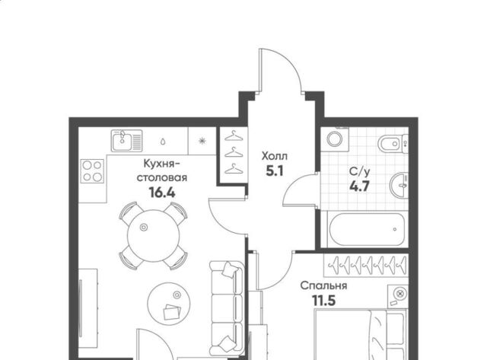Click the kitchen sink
pyautogui.click(x=127, y=141)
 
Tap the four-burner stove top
pyautogui.click(x=92, y=170)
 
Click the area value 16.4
pyautogui.click(x=162, y=193)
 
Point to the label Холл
pyautogui.click(x=275, y=156)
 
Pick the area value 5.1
pyautogui.click(x=275, y=170)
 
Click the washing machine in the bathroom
pyautogui.click(x=335, y=139)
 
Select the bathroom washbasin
pyautogui.click(x=399, y=185)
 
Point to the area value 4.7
pyautogui.click(x=359, y=186)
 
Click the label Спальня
pyautogui.click(x=323, y=285)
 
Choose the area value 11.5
pyautogui.click(x=323, y=301)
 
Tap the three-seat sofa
pyautogui.click(x=227, y=308)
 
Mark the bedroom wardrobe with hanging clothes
pyautogui.click(x=366, y=265)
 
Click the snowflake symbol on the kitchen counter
pyautogui.click(x=202, y=141)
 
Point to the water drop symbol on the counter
pyautogui.click(x=163, y=142)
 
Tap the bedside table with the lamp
pyautogui.click(x=398, y=296)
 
